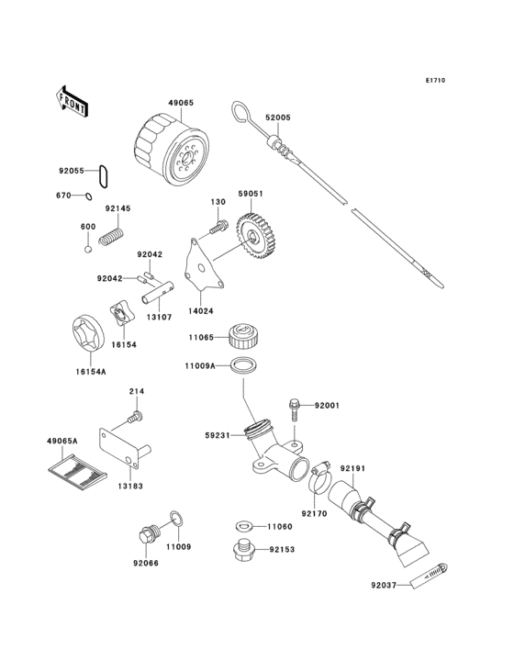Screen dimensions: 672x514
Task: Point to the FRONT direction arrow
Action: [x=72, y=101]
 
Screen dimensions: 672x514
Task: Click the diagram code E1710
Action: [x=434, y=81]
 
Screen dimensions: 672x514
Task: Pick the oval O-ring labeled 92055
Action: [x=106, y=172]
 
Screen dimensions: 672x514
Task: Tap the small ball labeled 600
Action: [x=88, y=248]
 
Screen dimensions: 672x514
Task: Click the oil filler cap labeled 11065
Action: [x=242, y=336]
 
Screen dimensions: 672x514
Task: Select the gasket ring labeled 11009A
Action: [x=242, y=366]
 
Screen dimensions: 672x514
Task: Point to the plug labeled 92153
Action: [x=244, y=552]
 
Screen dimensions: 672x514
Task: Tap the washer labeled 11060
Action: [x=243, y=527]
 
